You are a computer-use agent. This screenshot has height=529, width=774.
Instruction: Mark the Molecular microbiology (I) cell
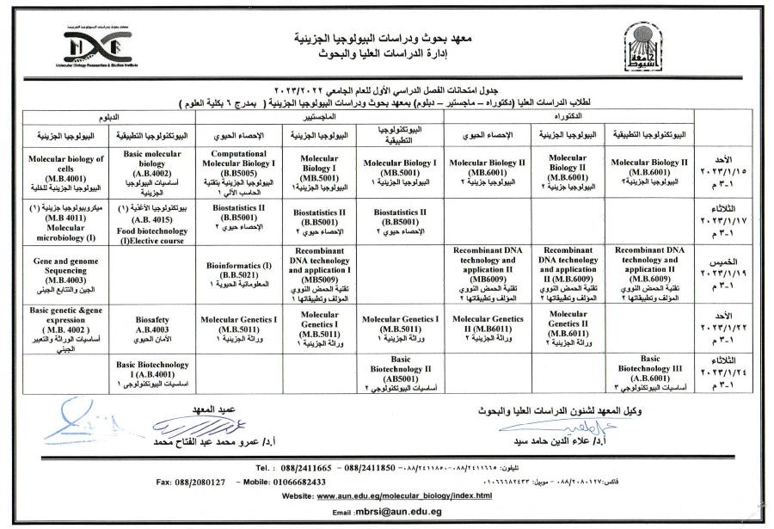[65, 225]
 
